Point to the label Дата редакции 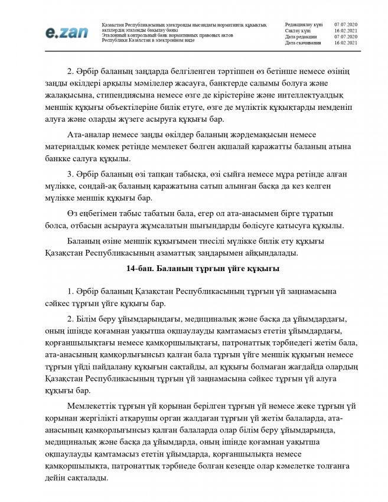[x=301, y=36]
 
